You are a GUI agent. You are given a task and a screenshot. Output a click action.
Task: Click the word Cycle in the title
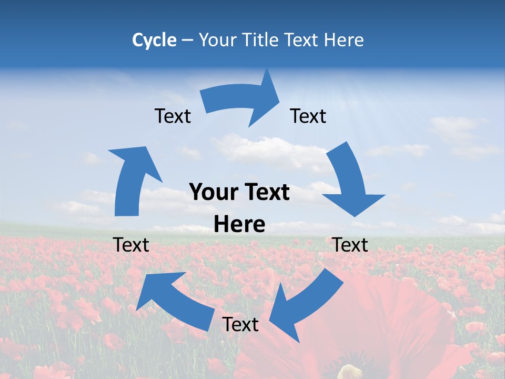pyautogui.click(x=154, y=40)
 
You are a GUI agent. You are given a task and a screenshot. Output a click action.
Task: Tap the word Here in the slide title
pyautogui.click(x=344, y=40)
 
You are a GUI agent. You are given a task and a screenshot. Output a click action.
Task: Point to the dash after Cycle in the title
pyautogui.click(x=188, y=41)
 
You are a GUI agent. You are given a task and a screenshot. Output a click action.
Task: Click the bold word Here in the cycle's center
pyautogui.click(x=239, y=225)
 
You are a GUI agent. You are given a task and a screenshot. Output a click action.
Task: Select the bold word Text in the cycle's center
pyautogui.click(x=266, y=193)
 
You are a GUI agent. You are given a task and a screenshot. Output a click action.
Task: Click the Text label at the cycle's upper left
pyautogui.click(x=173, y=116)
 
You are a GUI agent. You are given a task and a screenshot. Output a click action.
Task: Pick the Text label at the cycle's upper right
pyautogui.click(x=308, y=116)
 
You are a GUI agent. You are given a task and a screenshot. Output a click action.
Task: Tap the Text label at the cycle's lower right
pyautogui.click(x=350, y=245)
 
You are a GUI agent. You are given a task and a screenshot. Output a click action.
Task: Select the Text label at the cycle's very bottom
pyautogui.click(x=240, y=324)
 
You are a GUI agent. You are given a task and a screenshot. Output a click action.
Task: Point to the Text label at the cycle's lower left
pyautogui.click(x=131, y=245)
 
